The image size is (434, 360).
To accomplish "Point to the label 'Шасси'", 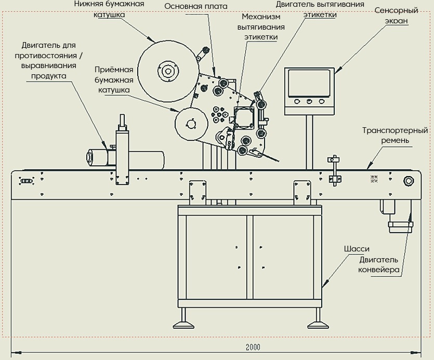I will pos(357,249).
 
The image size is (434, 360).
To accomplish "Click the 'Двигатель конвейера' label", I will pos(378,264).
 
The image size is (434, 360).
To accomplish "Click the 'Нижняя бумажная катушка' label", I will pos(109,9).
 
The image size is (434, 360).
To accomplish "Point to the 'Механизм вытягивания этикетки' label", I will pos(260,27).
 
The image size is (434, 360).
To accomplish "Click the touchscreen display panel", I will pos(309,83).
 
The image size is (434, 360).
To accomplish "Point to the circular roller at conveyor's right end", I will pos(408,181).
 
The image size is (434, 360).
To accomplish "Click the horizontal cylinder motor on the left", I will pos(125,158).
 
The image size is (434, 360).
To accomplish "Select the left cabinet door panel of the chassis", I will pos(216,257).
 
